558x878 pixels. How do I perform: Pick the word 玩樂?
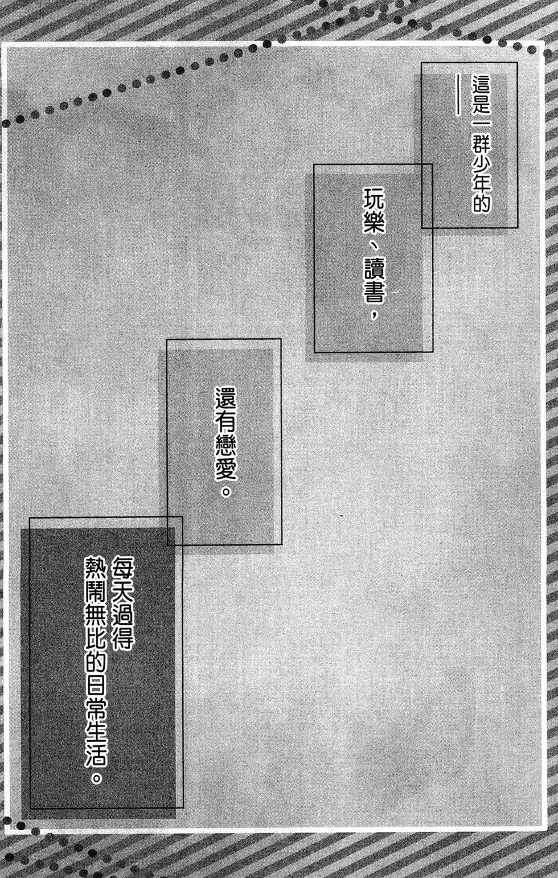(x=375, y=210)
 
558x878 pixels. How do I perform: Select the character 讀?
(x=375, y=269)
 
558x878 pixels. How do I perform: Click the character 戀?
(x=225, y=446)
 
